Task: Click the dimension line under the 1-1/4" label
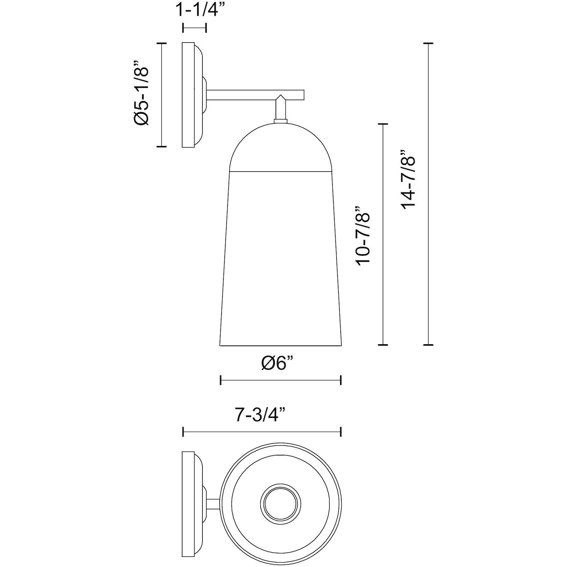[195, 28]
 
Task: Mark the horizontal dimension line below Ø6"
[280, 380]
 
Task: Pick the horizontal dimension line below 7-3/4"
[262, 432]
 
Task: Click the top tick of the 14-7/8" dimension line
[428, 43]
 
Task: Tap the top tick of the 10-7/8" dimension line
[383, 124]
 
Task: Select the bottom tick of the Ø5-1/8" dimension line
[162, 147]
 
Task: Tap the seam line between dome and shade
[280, 172]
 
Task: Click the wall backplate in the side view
[188, 94]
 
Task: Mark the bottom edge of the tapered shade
[280, 345]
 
